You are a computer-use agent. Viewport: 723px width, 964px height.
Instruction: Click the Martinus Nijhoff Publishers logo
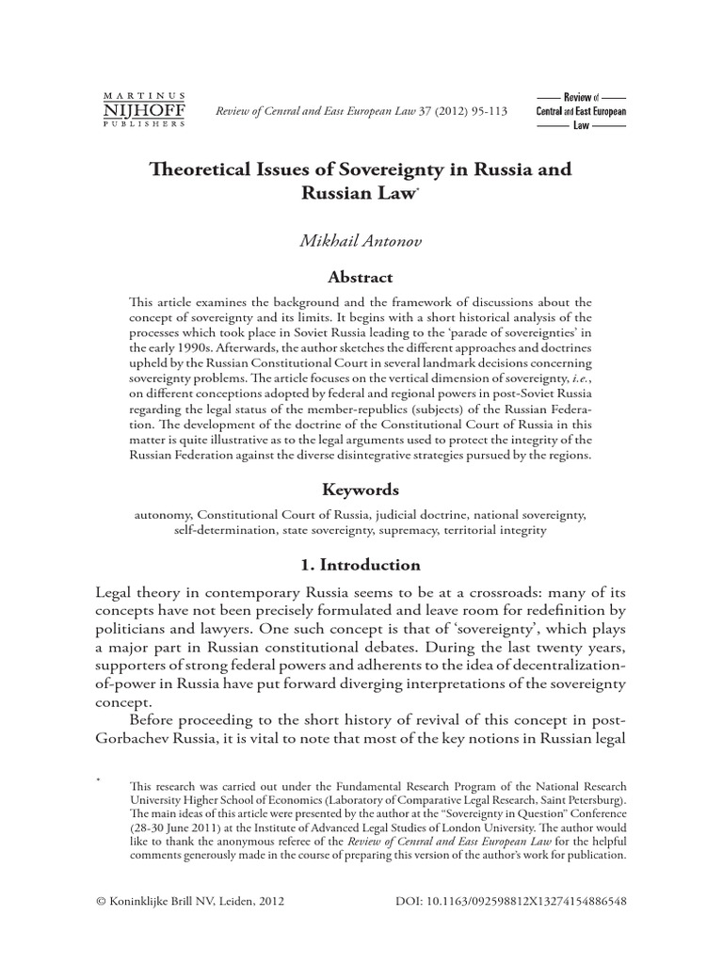[x=143, y=110]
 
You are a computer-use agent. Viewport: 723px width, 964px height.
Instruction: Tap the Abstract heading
[x=361, y=278]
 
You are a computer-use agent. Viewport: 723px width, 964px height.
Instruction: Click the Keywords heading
[x=361, y=490]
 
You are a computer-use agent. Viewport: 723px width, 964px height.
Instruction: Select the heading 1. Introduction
[x=361, y=565]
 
